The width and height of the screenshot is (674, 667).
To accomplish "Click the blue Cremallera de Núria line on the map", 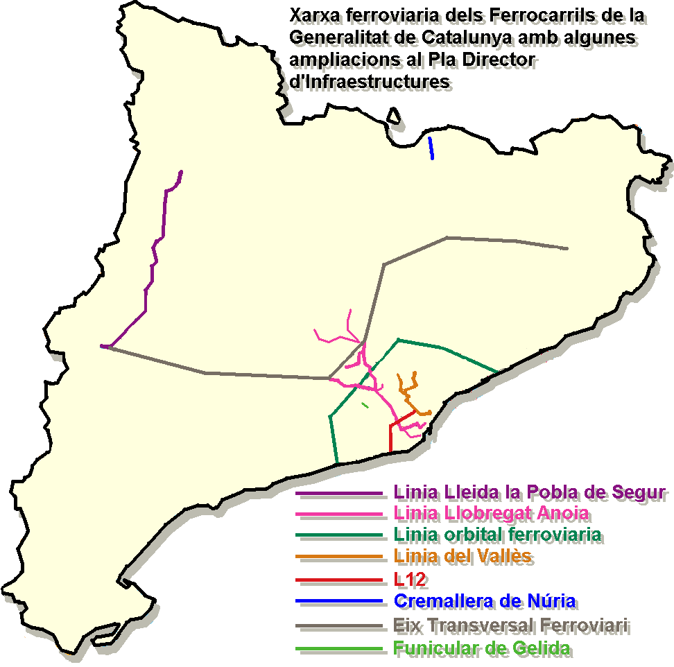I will click(431, 148).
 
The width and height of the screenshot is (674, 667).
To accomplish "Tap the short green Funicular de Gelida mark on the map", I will click(365, 404).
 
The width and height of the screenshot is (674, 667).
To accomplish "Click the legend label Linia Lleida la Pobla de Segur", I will click(530, 493).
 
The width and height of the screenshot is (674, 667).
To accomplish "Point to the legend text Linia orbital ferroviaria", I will click(496, 535).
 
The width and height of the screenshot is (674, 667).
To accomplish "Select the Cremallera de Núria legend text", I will click(484, 600).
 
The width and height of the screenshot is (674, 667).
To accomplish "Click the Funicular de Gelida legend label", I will click(482, 649).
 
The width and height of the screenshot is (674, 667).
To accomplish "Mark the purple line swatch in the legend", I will click(339, 494).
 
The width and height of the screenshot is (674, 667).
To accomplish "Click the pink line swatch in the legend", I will click(339, 514).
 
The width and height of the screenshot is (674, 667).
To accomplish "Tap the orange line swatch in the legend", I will click(339, 557).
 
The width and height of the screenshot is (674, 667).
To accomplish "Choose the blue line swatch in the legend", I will click(339, 600).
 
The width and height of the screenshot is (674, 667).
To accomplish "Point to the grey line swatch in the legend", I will click(339, 626).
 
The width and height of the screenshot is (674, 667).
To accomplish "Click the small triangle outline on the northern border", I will click(395, 116).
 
